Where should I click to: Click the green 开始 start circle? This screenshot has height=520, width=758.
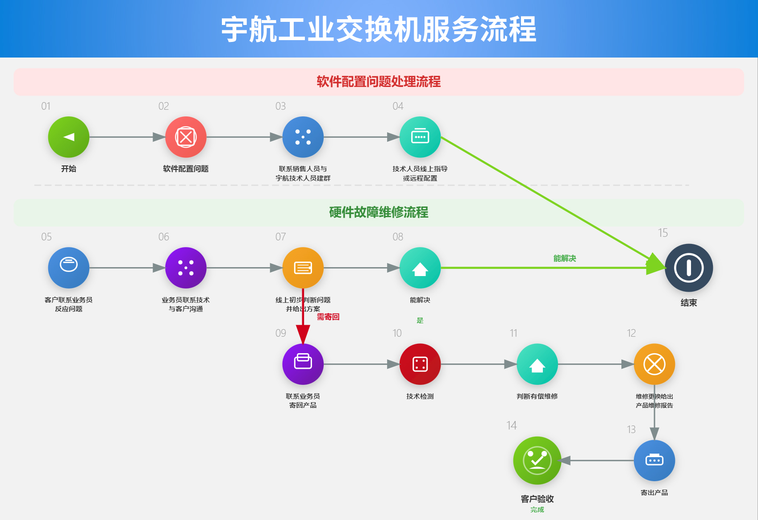(x=69, y=137)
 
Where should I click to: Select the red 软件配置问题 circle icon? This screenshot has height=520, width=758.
(x=186, y=137)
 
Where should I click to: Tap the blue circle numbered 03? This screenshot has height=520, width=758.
(x=303, y=137)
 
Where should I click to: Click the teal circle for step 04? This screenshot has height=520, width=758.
(x=420, y=137)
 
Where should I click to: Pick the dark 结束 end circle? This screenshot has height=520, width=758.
(x=689, y=268)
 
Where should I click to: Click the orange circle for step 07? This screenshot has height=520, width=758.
(x=303, y=268)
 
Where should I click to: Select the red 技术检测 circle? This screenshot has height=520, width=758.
(x=420, y=364)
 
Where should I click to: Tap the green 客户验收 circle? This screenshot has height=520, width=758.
(x=537, y=460)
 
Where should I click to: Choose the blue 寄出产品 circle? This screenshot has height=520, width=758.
(x=654, y=460)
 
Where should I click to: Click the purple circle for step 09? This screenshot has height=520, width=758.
(x=303, y=364)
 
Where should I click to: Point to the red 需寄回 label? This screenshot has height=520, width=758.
(x=328, y=317)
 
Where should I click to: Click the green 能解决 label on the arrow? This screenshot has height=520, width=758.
(x=565, y=258)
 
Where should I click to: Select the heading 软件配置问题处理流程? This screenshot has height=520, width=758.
(x=379, y=82)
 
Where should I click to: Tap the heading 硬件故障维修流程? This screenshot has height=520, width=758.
(x=379, y=212)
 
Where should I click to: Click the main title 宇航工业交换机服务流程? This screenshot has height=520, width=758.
(x=379, y=29)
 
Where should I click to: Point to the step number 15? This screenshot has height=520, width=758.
(x=663, y=233)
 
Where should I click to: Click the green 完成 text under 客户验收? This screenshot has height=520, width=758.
(x=537, y=510)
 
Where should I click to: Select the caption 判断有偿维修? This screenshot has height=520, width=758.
(x=537, y=396)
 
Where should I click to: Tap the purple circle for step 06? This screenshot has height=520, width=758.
(x=186, y=268)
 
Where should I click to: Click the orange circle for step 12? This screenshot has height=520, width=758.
(x=654, y=364)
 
